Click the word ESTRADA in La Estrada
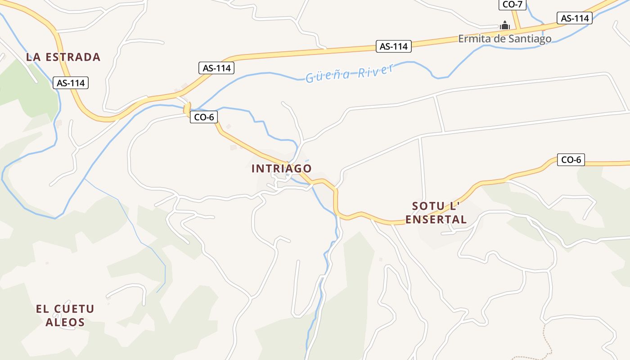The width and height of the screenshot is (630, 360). coord(73,57)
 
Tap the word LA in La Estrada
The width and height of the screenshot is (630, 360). coord(33,57)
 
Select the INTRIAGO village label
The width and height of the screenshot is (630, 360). coord(281,168)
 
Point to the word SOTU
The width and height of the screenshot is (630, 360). coord(428,207)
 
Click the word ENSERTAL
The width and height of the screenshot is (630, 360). coord(436,220)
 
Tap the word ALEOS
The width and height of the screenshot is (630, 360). coord(65,322)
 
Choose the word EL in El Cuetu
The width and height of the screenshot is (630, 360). coord(42,309)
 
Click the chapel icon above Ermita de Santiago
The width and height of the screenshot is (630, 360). coord(505,26)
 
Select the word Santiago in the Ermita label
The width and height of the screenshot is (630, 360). coord(530,39)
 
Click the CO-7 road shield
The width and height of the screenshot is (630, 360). coord(512,4)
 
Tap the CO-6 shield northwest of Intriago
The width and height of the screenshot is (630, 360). coord(204,117)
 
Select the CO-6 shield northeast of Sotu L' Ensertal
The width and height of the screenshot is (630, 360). coord(571,159)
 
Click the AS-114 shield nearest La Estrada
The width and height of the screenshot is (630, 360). coord(71,83)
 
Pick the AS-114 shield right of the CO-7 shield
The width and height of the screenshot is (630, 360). coord(575,18)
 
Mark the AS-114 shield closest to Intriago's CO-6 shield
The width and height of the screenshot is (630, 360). coord(216,68)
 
